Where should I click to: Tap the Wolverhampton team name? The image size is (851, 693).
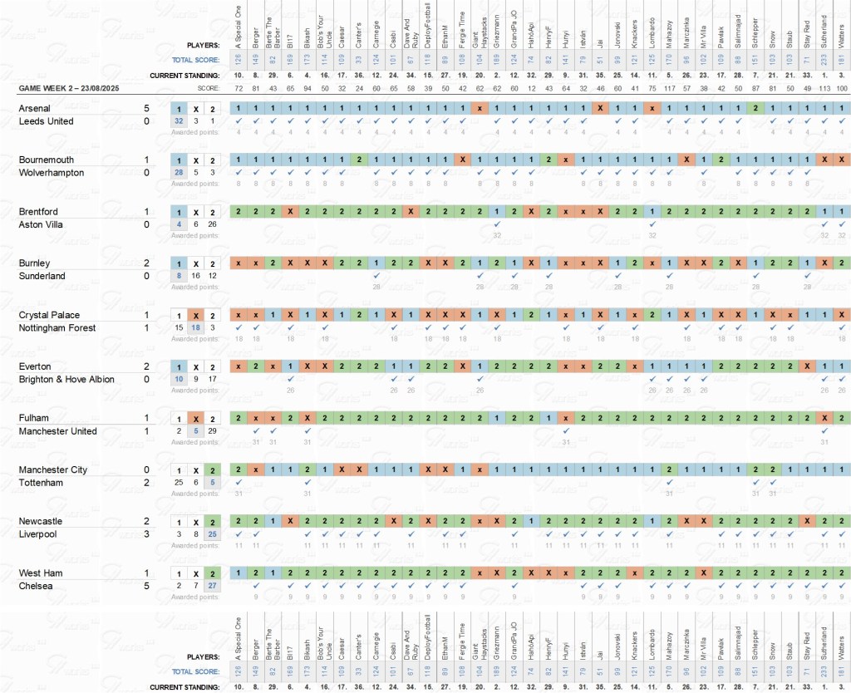(x=51, y=173)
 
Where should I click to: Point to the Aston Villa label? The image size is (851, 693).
(x=40, y=224)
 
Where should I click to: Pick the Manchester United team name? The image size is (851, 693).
(x=57, y=431)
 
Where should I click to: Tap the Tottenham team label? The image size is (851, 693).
(x=40, y=483)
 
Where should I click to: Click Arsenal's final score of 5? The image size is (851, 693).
(x=146, y=108)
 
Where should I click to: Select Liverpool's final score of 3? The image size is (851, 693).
(x=146, y=534)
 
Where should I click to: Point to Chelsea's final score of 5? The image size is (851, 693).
(x=146, y=586)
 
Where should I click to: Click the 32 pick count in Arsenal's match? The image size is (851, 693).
(x=179, y=121)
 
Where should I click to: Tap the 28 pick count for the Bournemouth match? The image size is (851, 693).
(x=179, y=173)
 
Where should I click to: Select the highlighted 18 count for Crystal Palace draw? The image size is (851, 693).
(x=196, y=328)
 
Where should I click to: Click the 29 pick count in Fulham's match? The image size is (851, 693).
(x=214, y=431)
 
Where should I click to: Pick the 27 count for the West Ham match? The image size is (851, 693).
(x=214, y=586)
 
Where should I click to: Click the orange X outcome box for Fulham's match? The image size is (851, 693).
(x=196, y=418)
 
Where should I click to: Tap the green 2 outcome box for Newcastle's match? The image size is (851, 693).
(x=214, y=521)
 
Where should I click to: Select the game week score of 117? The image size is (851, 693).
(x=669, y=87)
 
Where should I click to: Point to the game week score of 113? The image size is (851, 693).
(x=824, y=87)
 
